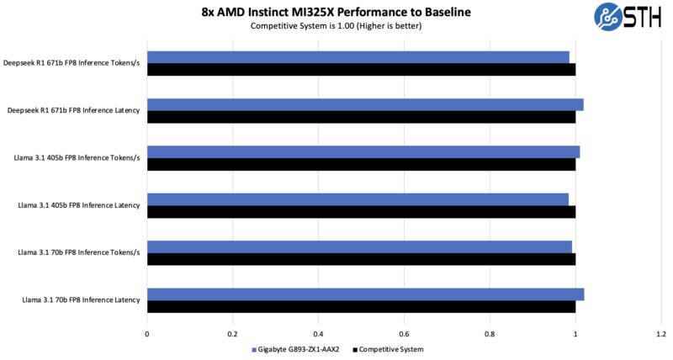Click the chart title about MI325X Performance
336,12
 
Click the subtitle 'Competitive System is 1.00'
336,26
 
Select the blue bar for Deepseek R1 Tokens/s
358,57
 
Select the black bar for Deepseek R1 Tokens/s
361,69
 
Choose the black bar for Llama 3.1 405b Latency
361,211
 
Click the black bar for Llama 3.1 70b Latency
361,306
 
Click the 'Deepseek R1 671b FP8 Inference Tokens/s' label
74,63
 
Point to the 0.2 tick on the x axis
233,334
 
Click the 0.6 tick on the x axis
404,334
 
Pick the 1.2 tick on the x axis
661,334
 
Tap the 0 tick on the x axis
147,334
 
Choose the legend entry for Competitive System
388,349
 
